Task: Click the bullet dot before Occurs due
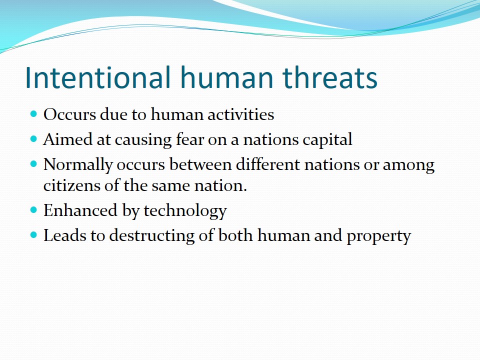[33, 114]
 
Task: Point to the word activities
[240, 114]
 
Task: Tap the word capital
[327, 140]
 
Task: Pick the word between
[200, 164]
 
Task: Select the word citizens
[72, 185]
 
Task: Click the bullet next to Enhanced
[33, 210]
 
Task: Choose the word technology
[185, 211]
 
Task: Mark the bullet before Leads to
[33, 235]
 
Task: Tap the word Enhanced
[80, 210]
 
